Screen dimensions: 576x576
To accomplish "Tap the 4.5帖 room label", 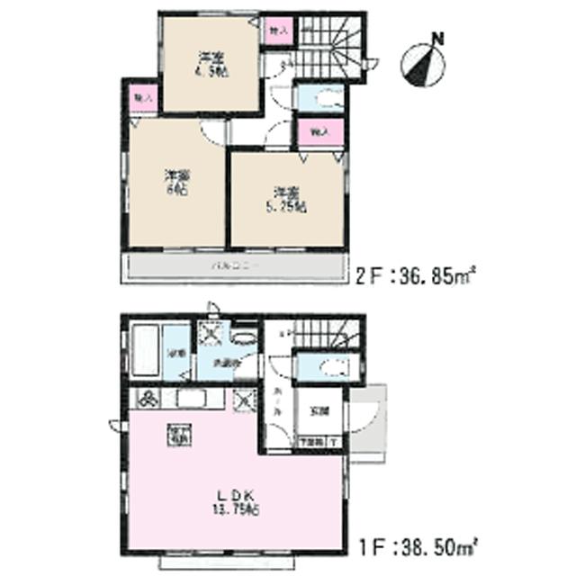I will [x=212, y=66].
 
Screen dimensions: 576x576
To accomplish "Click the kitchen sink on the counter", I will [x=191, y=399].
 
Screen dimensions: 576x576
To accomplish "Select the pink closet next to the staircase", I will [x=278, y=30].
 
